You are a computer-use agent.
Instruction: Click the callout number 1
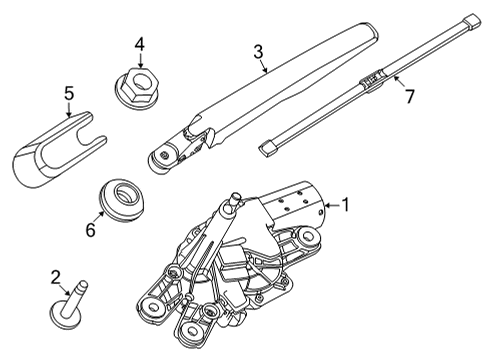click(x=346, y=206)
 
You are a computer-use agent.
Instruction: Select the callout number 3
click(x=258, y=51)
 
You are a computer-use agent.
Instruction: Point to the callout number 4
click(x=140, y=44)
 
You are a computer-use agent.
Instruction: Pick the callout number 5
click(x=68, y=95)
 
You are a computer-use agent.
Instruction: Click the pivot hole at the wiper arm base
click(x=159, y=155)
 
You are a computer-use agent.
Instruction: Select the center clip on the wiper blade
click(x=377, y=75)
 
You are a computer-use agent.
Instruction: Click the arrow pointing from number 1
click(x=330, y=207)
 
